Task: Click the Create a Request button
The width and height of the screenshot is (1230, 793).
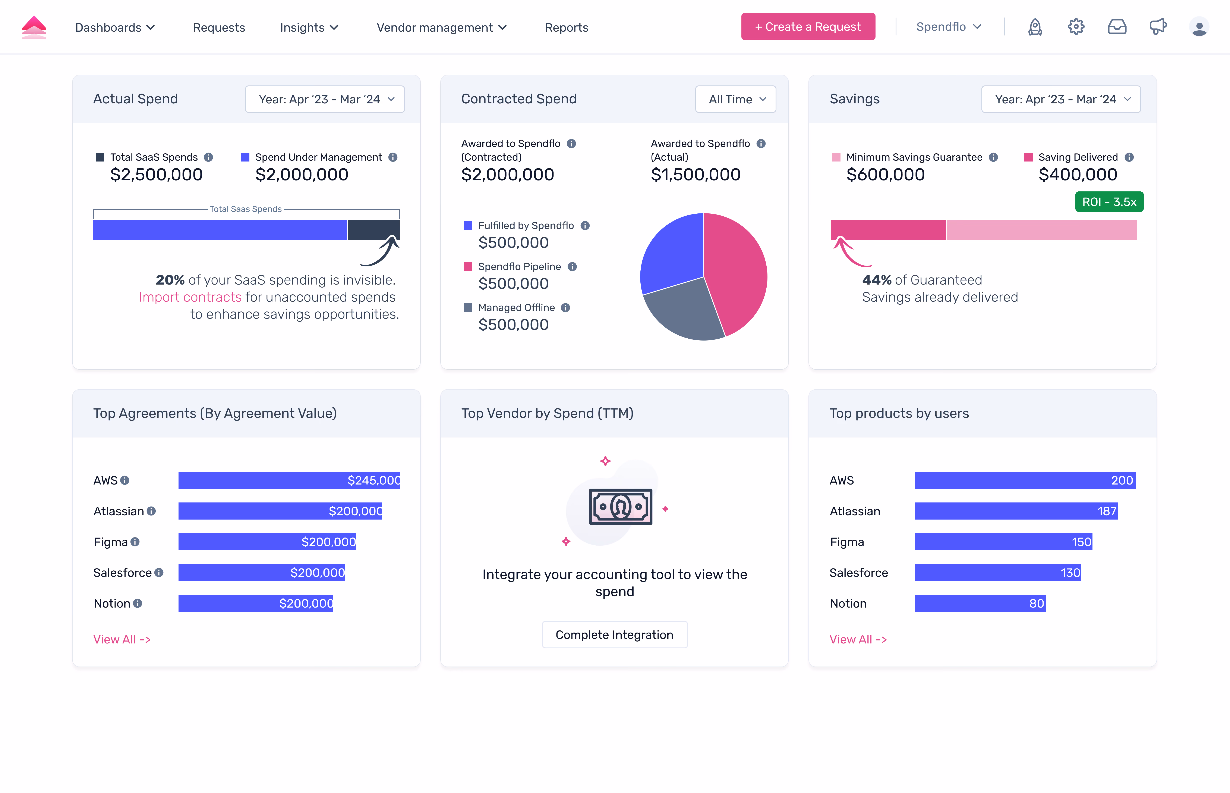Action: coord(808,27)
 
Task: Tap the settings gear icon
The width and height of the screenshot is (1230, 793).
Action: coord(1076,27)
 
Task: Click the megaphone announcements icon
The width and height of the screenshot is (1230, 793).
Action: coord(1158,27)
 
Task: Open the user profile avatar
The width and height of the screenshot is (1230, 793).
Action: coord(1199,27)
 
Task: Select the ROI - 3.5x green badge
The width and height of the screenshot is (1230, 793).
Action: coord(1109,202)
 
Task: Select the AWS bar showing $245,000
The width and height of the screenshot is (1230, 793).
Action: coord(289,480)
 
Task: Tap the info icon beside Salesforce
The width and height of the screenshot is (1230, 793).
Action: coord(159,573)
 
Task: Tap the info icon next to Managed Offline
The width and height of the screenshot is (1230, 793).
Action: coord(565,307)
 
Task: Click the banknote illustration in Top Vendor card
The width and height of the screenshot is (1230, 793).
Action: coord(621,507)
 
